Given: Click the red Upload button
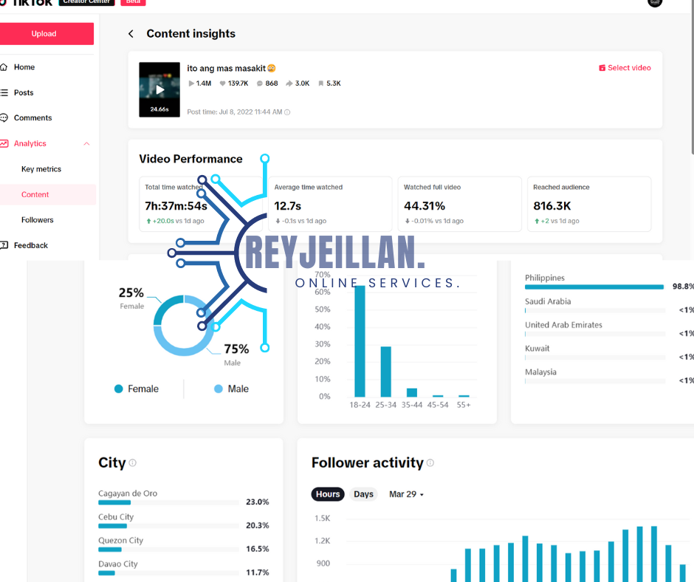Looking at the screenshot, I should [44, 34].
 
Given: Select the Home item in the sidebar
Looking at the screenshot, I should [24, 67].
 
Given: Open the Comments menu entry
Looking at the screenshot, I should [32, 118].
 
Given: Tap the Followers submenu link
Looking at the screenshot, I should [37, 220].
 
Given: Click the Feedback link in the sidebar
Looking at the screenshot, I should [30, 245].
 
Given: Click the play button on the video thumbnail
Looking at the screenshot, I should [159, 90].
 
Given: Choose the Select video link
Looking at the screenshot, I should [625, 68].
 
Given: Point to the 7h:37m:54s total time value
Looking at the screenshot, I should [176, 206].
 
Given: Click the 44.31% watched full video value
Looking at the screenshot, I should [425, 206].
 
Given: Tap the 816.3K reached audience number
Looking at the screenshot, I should [552, 206].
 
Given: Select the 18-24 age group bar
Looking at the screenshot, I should [360, 341].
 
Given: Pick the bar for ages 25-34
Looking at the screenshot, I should [385, 372].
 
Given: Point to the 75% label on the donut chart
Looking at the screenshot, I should [236, 349].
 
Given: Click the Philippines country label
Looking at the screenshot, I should [545, 278].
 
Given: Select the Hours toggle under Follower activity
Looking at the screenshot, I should [328, 494].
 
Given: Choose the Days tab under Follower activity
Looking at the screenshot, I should [363, 494].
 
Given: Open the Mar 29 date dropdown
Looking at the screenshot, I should [406, 494].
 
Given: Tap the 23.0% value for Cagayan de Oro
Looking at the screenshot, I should [257, 502].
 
